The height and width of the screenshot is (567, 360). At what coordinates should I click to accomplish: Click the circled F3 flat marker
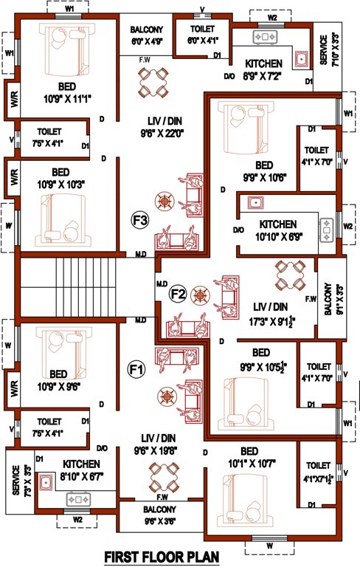140,220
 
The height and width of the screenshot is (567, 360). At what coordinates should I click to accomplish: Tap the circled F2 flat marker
177,295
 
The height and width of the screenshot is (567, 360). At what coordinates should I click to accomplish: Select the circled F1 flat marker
137,368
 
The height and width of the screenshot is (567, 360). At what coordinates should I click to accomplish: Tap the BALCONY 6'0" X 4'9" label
146,35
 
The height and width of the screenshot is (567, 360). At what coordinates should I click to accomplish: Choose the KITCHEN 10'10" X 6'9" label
277,230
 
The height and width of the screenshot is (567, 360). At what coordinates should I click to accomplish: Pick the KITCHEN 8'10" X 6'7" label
81,468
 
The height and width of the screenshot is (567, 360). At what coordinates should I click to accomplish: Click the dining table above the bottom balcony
162,472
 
